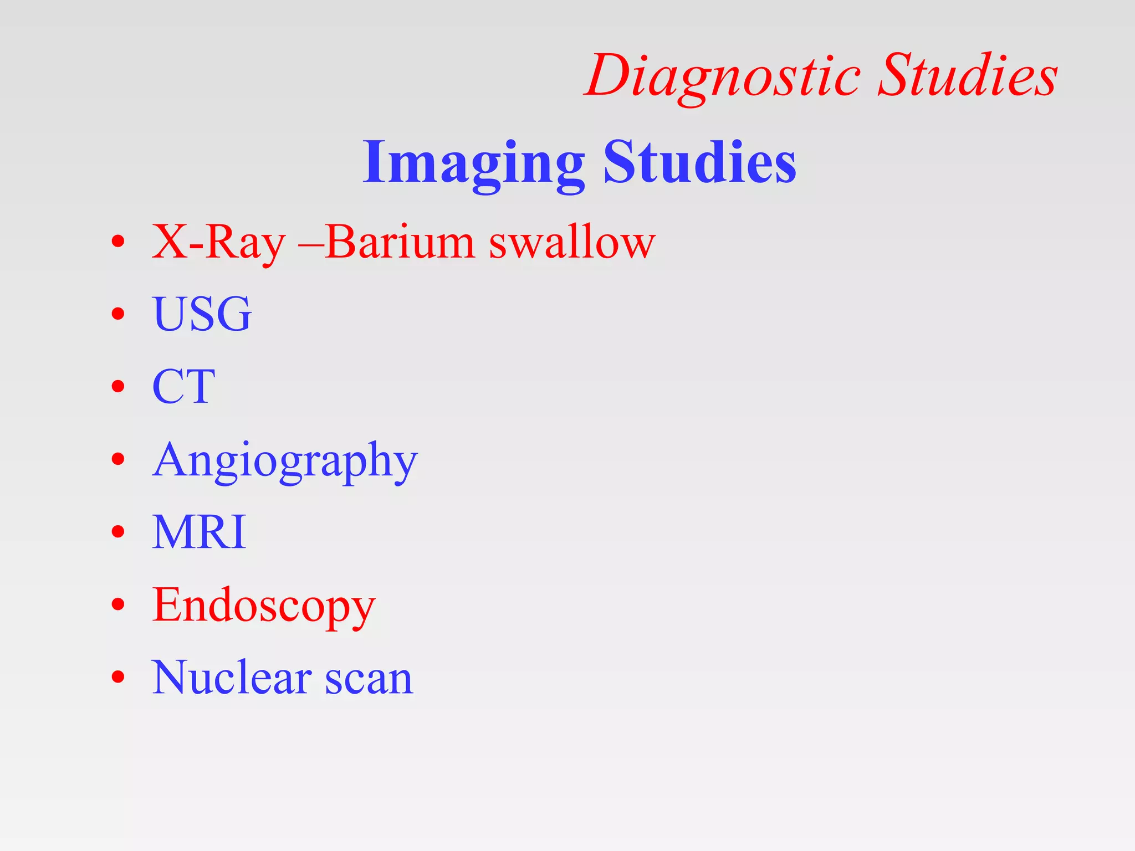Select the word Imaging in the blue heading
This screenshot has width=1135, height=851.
tap(474, 163)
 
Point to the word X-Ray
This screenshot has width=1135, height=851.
tap(218, 243)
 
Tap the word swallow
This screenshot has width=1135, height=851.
tap(572, 242)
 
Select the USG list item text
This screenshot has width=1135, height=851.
tap(202, 314)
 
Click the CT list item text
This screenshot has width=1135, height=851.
tap(183, 387)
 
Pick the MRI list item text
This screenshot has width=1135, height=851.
tap(199, 532)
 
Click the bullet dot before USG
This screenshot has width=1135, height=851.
tap(117, 315)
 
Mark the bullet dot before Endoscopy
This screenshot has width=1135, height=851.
tap(117, 604)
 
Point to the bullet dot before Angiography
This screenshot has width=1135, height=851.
tap(117, 459)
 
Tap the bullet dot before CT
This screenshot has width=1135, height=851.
tap(117, 387)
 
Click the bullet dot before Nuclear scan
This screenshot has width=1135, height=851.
tap(117, 677)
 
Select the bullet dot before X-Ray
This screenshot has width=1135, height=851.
tap(117, 242)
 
